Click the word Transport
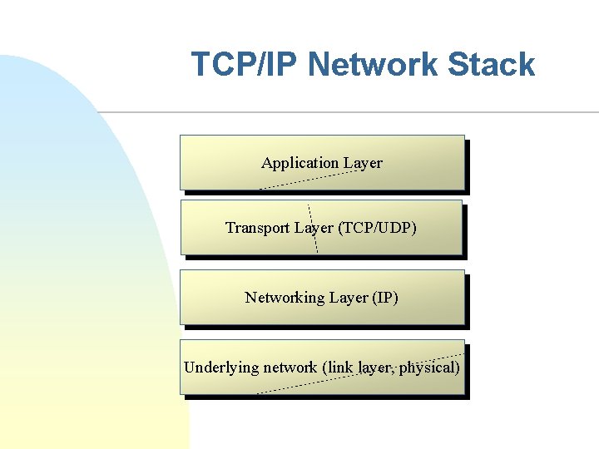coord(255,227)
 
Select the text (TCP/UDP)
coord(378,227)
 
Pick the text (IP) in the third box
coord(384,297)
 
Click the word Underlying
coord(220,367)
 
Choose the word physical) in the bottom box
coord(429,367)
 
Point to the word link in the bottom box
coord(343,367)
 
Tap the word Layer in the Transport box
coord(311,227)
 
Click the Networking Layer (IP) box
coord(322,313)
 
